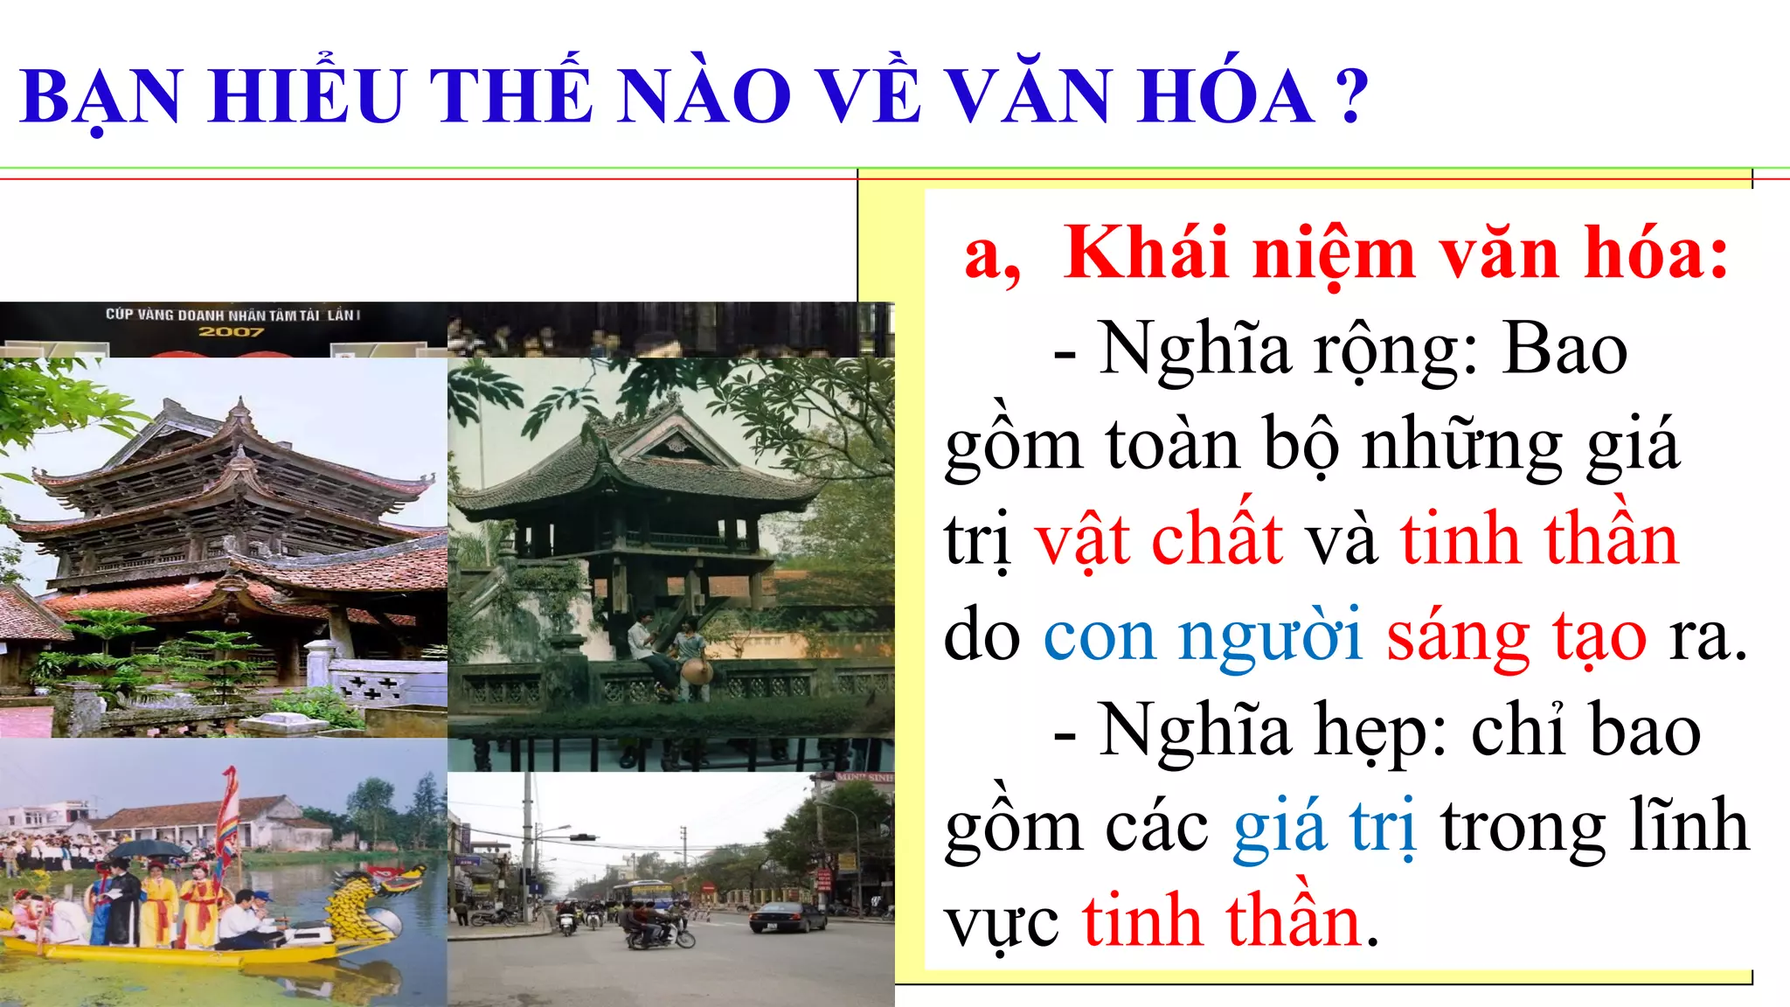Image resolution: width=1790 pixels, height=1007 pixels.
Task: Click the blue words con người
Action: pyautogui.click(x=1203, y=636)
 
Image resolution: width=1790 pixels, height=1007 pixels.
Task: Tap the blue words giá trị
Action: pyautogui.click(x=1323, y=827)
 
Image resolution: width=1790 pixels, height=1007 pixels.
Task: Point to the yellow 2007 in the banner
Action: pyautogui.click(x=231, y=332)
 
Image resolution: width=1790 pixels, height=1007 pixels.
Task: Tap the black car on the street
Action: pyautogui.click(x=787, y=917)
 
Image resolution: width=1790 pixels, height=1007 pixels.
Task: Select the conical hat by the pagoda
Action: pyautogui.click(x=696, y=671)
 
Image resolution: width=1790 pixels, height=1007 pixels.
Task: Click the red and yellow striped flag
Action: pyautogui.click(x=228, y=813)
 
